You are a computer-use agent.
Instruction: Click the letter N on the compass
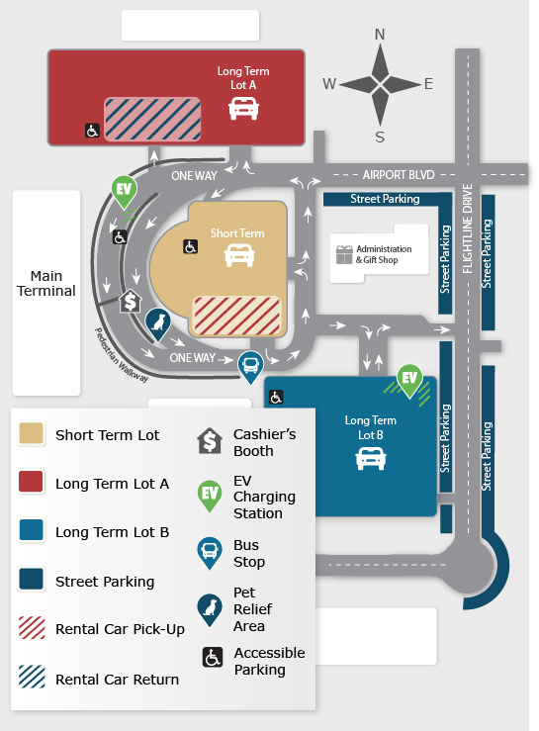click(379, 35)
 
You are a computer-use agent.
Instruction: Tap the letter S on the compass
click(379, 137)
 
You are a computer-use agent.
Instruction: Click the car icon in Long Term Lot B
click(370, 458)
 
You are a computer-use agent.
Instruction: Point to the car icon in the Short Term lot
click(237, 255)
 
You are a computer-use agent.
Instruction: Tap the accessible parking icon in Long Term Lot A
click(92, 131)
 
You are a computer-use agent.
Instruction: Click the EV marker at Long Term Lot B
click(409, 378)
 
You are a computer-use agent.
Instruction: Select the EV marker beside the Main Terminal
click(125, 190)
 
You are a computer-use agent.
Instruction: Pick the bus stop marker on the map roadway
click(252, 365)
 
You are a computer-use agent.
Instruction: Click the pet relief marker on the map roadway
click(156, 321)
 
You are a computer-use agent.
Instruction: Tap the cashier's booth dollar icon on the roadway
click(130, 301)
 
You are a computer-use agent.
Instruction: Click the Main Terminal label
click(46, 284)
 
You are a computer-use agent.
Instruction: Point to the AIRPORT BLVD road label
click(399, 174)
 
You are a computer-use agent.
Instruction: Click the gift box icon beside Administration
click(343, 254)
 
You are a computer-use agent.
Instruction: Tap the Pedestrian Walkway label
click(122, 355)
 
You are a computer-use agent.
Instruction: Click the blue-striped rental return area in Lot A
click(153, 119)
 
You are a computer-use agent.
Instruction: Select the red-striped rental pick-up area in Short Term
click(237, 316)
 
